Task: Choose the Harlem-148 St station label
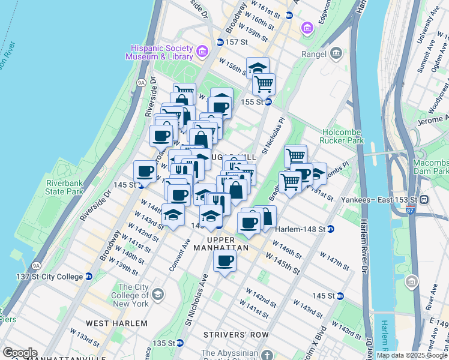300,229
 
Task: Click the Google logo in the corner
19,353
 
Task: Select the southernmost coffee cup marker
224,261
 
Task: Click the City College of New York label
133,295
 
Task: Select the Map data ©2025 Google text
412,355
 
